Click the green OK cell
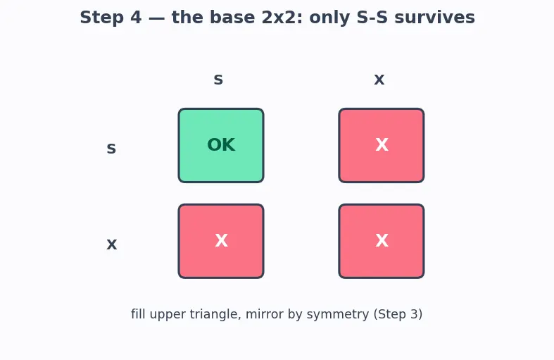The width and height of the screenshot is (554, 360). point(221,145)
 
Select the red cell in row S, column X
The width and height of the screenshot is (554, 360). point(382,145)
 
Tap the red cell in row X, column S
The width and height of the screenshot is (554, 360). point(221,241)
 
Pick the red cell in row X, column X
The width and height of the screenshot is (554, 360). point(382,241)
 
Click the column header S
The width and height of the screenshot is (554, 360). point(218,80)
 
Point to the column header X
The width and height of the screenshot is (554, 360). point(379,80)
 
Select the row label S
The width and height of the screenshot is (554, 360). point(111,148)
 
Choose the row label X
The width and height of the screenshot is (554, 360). point(112,244)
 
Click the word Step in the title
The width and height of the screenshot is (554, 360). point(102,18)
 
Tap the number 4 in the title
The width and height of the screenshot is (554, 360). point(136,18)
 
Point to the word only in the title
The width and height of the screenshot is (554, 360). point(330,18)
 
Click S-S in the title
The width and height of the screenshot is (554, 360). point(372,18)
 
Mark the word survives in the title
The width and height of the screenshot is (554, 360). point(434,18)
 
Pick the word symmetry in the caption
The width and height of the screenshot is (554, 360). point(338,315)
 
